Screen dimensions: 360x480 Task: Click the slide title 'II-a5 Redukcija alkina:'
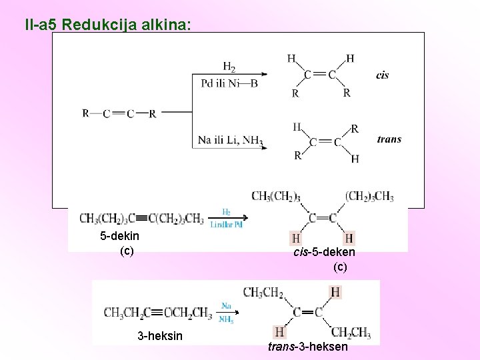tap(107, 25)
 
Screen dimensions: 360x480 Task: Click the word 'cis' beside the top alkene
tap(383, 75)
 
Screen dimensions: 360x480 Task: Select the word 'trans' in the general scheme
tap(389, 139)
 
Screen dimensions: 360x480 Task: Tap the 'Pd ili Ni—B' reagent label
tap(229, 83)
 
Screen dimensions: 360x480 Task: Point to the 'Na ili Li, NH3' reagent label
tap(231, 141)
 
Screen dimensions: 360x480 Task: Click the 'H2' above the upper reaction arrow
tap(229, 67)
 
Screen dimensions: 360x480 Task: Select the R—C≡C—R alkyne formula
tap(119, 113)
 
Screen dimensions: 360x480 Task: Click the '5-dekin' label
tap(119, 236)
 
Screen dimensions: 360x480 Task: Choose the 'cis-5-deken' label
tap(324, 252)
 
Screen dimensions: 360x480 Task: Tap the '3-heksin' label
tap(159, 335)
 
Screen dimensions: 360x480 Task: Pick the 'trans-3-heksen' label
tap(307, 347)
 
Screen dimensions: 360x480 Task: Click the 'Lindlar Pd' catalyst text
tap(227, 225)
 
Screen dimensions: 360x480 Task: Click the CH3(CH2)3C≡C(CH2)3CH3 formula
tap(141, 218)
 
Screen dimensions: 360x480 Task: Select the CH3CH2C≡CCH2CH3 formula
tap(158, 312)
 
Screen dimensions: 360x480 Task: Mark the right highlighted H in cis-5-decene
tap(349, 238)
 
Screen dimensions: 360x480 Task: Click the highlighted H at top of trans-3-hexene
tap(335, 292)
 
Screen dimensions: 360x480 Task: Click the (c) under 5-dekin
tap(127, 251)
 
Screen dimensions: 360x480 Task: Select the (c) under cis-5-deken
tap(340, 267)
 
